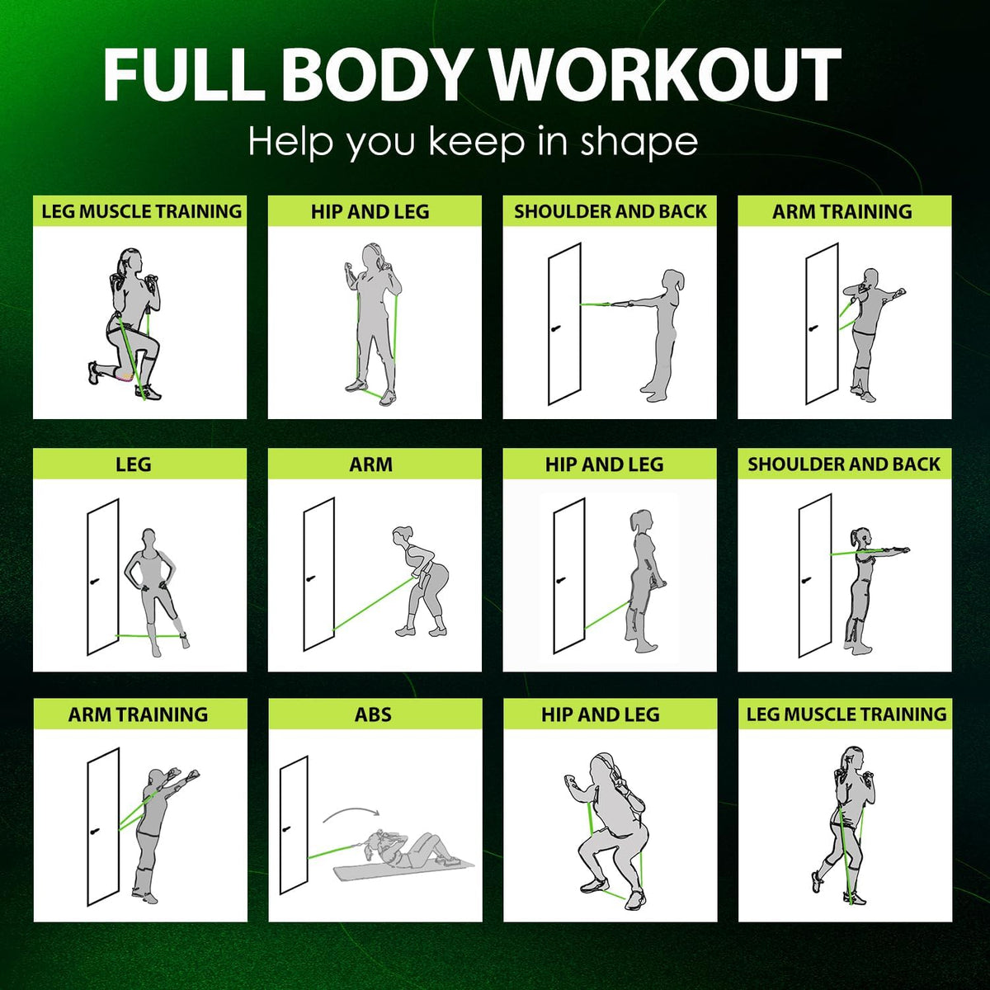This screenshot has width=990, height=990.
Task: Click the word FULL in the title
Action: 181,75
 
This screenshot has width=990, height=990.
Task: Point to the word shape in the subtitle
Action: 639,143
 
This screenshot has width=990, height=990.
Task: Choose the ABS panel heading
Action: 373,714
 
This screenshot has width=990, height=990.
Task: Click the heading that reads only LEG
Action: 133,464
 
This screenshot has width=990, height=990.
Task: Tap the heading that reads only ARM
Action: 371,464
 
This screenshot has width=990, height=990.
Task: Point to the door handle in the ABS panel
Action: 286,844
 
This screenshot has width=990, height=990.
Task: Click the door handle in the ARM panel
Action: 311,579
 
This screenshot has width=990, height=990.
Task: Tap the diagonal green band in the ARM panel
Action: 373,604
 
